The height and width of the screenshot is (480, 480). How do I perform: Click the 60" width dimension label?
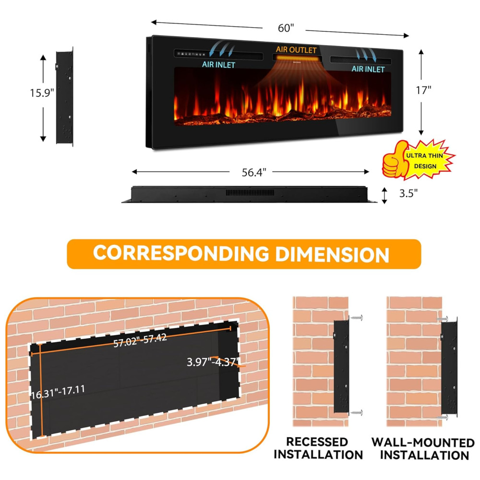point(286,28)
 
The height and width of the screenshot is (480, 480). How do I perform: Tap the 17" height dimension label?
point(424,90)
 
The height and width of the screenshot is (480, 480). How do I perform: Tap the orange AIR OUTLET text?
point(296,50)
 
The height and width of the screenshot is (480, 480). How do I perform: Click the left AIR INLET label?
point(218,64)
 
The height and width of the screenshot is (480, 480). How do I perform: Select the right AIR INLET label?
point(368,69)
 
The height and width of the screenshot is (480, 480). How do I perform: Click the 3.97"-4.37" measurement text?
point(213,361)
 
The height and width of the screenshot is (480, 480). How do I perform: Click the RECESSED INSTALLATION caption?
point(318,447)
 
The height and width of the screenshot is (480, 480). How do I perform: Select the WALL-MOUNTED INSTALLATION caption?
point(423,448)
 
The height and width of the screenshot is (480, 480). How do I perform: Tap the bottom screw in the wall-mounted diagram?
point(442,417)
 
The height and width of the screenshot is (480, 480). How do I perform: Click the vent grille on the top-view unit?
point(251,193)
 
